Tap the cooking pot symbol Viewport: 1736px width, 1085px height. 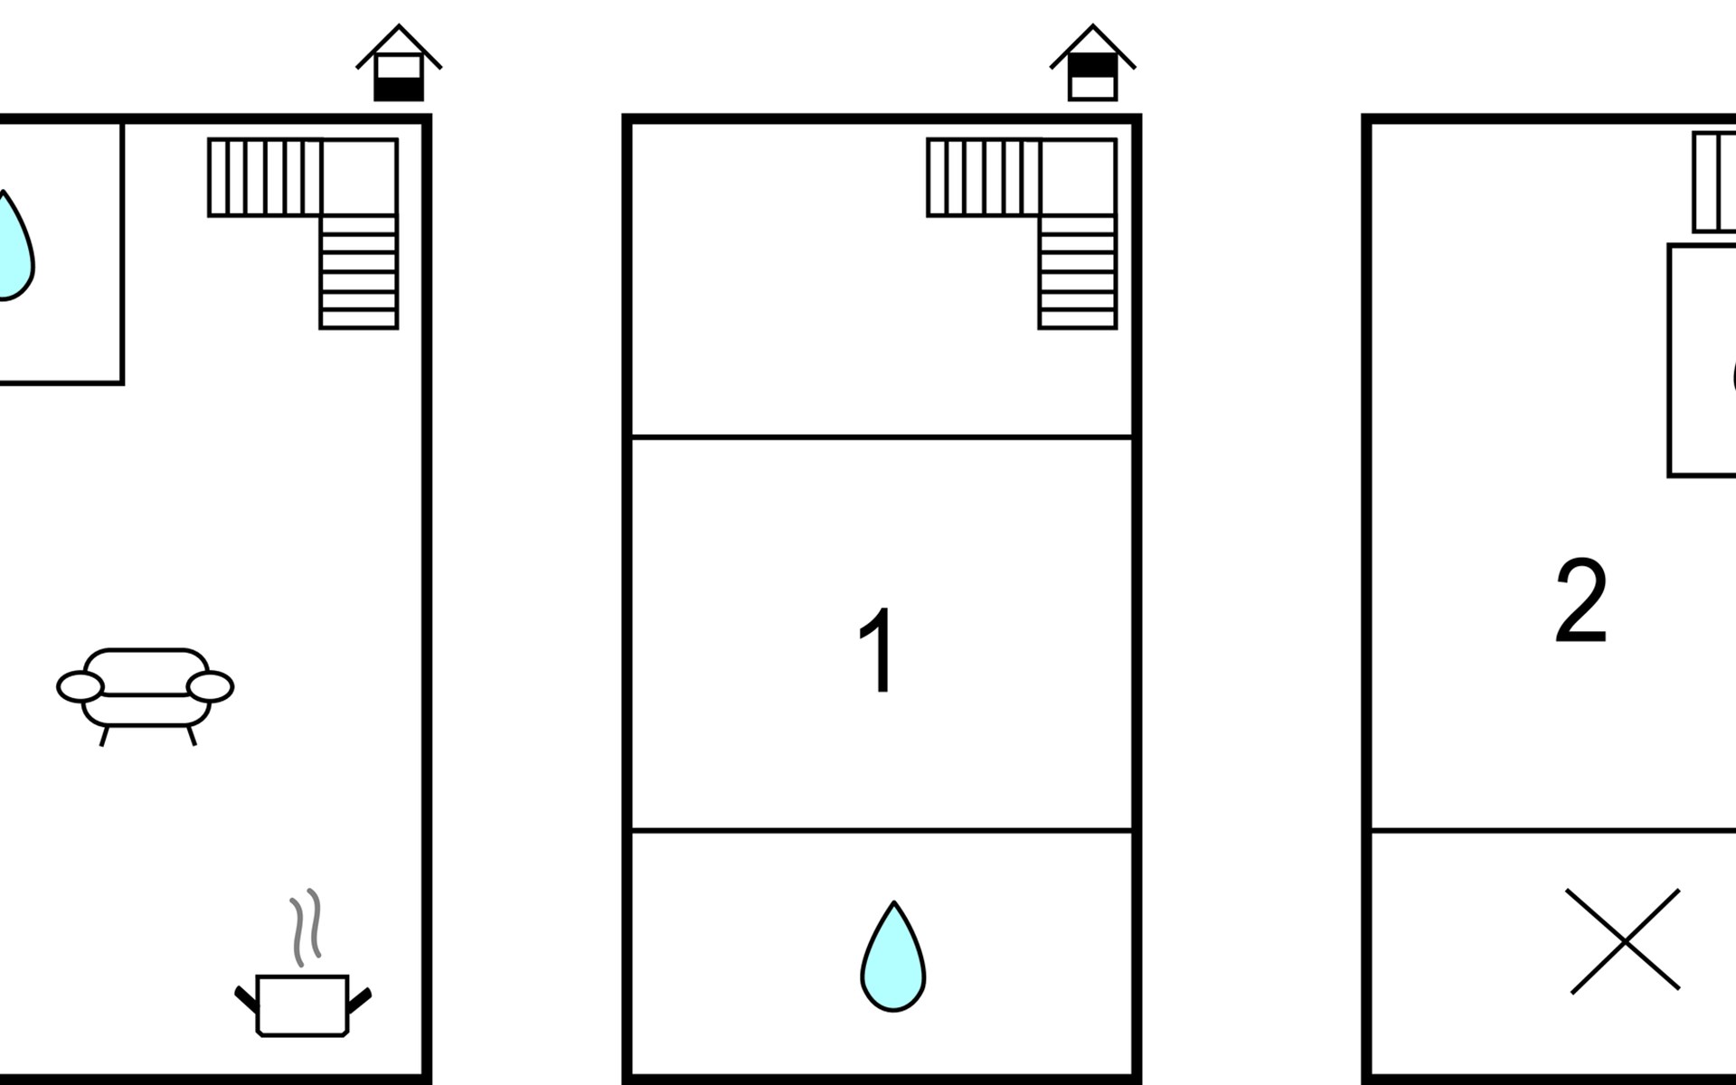click(x=303, y=1005)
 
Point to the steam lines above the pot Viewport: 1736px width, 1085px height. click(x=306, y=926)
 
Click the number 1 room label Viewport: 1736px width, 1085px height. click(x=878, y=650)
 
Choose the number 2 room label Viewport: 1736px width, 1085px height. click(x=1580, y=600)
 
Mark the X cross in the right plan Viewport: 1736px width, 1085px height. click(x=1623, y=940)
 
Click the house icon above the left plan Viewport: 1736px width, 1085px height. click(x=399, y=62)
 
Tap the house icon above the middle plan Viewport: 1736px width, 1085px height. click(x=1092, y=62)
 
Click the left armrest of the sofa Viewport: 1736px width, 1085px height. click(x=80, y=687)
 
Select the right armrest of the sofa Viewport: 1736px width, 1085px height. click(x=210, y=687)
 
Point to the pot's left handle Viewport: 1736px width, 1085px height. click(x=246, y=999)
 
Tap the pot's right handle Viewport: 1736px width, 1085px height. click(x=359, y=999)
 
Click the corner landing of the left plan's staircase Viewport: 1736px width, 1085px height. click(x=359, y=177)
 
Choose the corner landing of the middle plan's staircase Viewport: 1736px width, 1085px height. click(x=1078, y=177)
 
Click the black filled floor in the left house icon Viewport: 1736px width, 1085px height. click(x=399, y=89)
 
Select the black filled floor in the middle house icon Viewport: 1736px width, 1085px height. click(x=1092, y=67)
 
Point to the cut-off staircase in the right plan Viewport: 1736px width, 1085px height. click(x=1714, y=182)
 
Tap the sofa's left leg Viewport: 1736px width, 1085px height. click(x=104, y=736)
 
